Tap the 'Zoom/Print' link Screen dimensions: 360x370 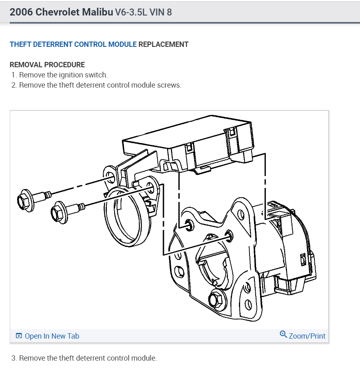pyautogui.click(x=307, y=336)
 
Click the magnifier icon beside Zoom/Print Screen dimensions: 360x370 pyautogui.click(x=283, y=335)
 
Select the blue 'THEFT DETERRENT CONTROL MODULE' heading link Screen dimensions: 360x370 pyautogui.click(x=73, y=44)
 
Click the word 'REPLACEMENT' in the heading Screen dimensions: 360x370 pyautogui.click(x=163, y=44)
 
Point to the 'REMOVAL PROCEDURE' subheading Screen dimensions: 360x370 pyautogui.click(x=47, y=65)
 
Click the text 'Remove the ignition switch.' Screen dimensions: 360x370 pyautogui.click(x=63, y=75)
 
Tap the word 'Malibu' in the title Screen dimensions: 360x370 pyautogui.click(x=97, y=12)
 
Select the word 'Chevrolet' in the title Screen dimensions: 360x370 pyautogui.click(x=57, y=12)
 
